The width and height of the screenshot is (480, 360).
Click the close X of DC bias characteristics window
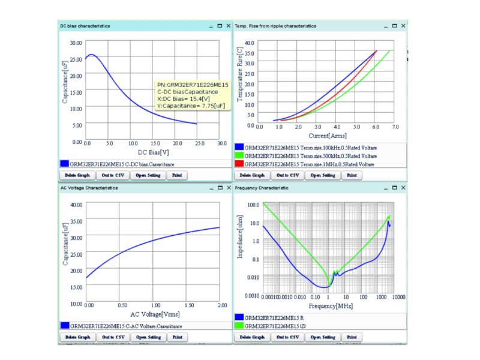[x=228, y=26]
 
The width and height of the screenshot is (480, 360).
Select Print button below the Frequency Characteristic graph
[x=352, y=337]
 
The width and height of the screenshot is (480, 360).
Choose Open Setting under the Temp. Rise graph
[x=323, y=175]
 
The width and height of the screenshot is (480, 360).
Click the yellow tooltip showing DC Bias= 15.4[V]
[x=192, y=95]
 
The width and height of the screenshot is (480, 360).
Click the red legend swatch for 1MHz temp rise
[x=239, y=164]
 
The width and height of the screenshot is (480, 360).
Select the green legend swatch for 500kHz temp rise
[x=239, y=155]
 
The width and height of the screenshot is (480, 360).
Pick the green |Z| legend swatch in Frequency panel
[x=239, y=325]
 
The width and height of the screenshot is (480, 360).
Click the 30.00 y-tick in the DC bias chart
[x=76, y=43]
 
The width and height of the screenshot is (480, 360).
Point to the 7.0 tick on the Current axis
[x=395, y=127]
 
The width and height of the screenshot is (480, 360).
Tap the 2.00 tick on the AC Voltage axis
[x=221, y=305]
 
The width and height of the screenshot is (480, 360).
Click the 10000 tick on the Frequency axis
[x=398, y=297]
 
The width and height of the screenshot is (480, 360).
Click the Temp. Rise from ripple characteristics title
[x=275, y=26]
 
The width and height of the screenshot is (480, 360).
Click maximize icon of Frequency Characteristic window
[x=394, y=188]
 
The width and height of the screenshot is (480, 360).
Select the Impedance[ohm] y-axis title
[x=239, y=247]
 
